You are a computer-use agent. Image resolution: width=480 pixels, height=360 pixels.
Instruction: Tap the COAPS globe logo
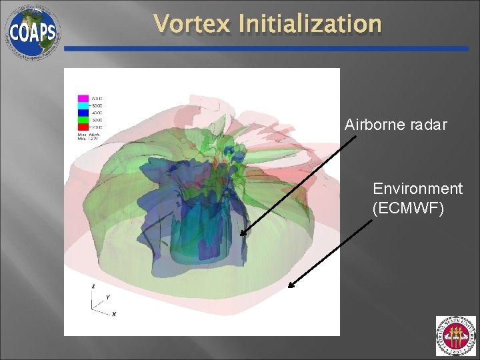[32, 31]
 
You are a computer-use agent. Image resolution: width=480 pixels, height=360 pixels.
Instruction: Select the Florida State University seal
[456, 336]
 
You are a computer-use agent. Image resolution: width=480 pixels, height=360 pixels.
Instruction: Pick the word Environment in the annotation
[417, 189]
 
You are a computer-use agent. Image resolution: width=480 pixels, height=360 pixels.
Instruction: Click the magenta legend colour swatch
[84, 99]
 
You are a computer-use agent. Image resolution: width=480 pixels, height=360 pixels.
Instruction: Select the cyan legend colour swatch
[84, 106]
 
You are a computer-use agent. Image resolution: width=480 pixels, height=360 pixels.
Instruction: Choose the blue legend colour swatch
[84, 113]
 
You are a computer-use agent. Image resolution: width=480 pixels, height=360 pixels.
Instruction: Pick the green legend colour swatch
[84, 119]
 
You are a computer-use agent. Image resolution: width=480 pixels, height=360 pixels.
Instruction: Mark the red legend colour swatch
[84, 126]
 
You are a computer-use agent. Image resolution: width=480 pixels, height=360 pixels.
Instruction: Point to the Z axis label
[93, 285]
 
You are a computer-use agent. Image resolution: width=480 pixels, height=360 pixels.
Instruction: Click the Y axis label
[107, 297]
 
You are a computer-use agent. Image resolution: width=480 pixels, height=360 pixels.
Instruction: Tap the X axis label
[114, 313]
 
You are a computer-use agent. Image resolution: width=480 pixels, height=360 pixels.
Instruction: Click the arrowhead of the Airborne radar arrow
[242, 234]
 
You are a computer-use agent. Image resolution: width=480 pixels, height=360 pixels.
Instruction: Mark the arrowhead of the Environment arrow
[289, 287]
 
